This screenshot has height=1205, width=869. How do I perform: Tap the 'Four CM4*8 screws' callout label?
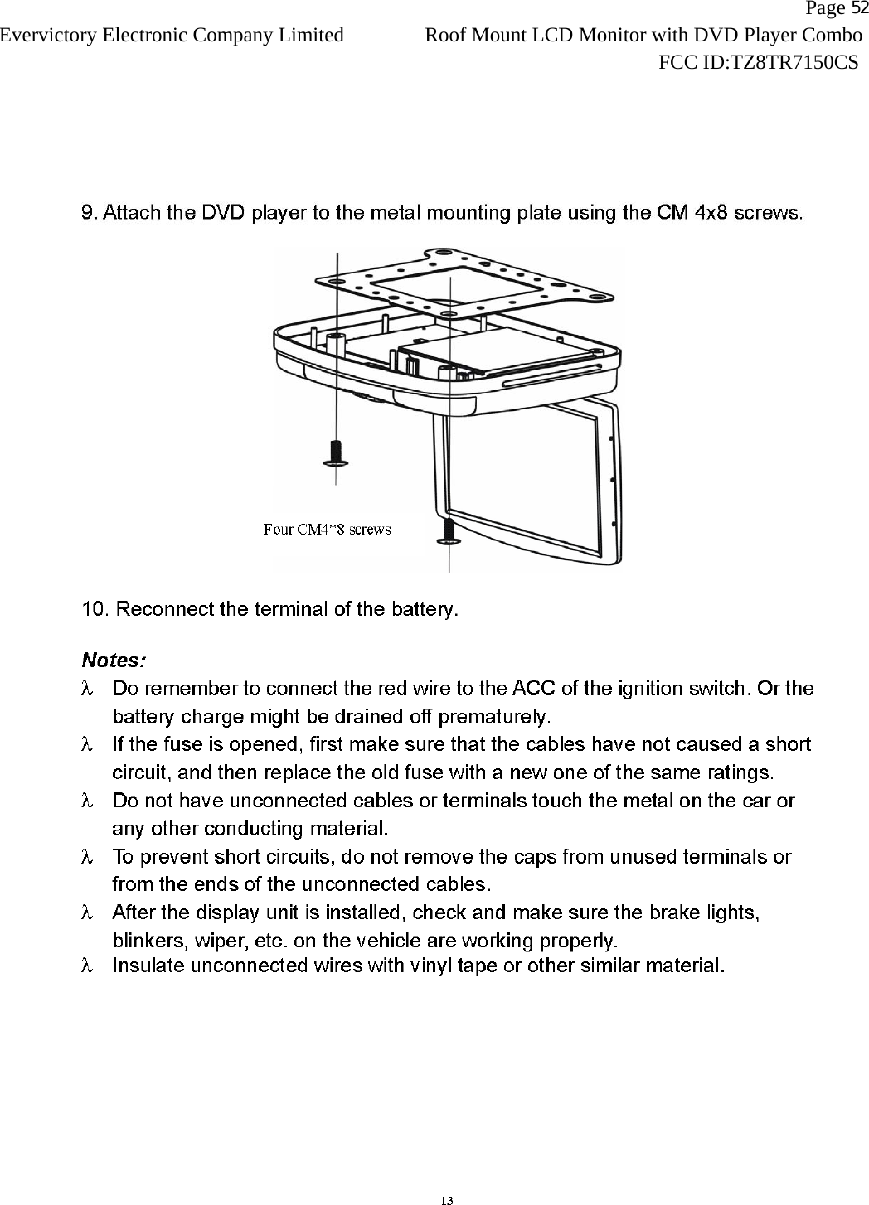coord(327,529)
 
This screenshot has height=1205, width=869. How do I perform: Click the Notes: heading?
coord(114,661)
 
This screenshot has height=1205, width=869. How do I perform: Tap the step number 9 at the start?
coord(85,212)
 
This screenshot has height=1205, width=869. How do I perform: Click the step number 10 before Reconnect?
coord(94,611)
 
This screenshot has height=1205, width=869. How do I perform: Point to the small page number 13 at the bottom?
coord(447,1200)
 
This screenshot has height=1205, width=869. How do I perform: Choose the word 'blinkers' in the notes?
coord(148,941)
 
